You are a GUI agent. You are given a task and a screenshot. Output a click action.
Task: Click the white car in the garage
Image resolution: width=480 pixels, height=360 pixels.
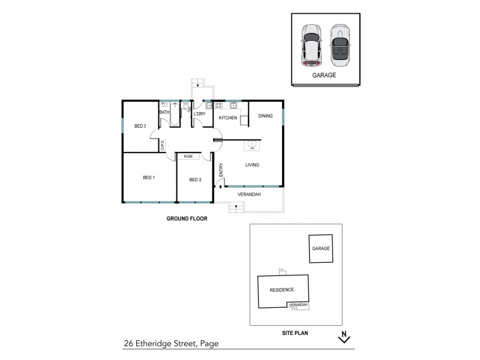point(311,46)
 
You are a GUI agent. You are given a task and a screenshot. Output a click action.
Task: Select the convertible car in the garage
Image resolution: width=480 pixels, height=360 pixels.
point(340,46)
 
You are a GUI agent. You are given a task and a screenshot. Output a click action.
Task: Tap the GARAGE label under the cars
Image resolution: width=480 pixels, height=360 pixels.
point(323,76)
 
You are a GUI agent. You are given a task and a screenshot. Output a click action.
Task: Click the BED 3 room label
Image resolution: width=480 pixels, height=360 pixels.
point(140,126)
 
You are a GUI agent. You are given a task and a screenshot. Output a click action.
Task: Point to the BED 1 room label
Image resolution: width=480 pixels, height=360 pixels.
point(149,178)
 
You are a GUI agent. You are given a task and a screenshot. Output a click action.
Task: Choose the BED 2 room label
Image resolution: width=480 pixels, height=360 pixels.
point(195,179)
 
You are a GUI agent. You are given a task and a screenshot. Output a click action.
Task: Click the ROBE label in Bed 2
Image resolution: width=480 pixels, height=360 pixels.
point(188,156)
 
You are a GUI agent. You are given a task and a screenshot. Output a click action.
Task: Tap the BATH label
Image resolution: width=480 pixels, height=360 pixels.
point(164,112)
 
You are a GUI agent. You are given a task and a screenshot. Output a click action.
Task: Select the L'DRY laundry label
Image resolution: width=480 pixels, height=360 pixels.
point(199,113)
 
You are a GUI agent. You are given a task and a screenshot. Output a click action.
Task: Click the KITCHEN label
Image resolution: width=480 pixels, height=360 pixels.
point(227,118)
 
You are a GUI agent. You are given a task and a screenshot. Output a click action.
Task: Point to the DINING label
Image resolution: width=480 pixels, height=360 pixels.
point(265,115)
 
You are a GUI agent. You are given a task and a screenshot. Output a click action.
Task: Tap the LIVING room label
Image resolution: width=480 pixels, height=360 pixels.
point(252,165)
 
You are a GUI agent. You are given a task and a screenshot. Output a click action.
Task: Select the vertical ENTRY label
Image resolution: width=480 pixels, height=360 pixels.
point(221,170)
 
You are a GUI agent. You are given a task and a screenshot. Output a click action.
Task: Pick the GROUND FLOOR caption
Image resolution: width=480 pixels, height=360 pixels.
point(187,219)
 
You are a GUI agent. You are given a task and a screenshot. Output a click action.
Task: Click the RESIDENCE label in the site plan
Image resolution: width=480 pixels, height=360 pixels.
point(281,290)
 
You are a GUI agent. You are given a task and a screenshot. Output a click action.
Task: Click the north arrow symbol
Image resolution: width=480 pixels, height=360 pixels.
point(344,337)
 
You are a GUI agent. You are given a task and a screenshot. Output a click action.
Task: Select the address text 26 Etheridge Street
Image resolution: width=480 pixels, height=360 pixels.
point(170,344)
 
